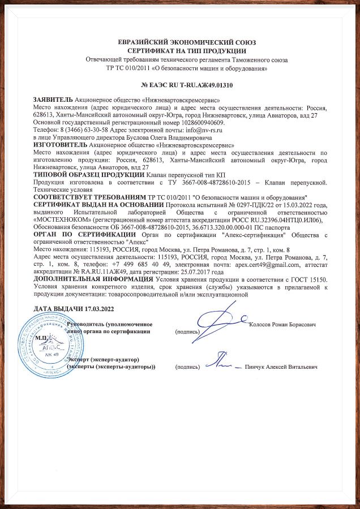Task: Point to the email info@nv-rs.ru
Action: (200, 130)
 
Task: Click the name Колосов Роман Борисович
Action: (282, 324)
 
